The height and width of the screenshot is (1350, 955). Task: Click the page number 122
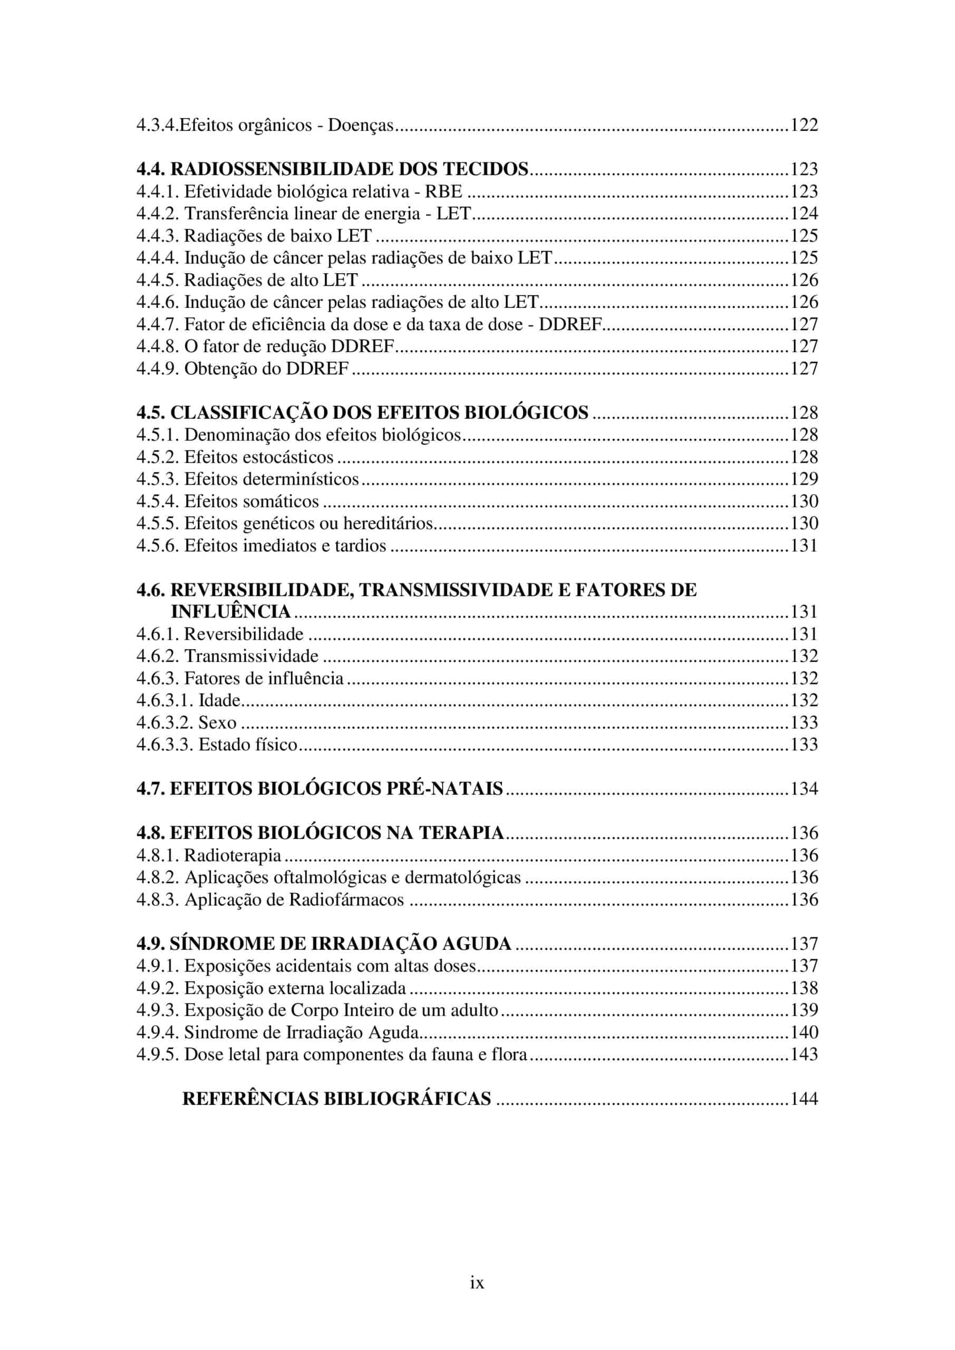tap(804, 125)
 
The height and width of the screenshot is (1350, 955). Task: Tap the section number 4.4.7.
tap(158, 324)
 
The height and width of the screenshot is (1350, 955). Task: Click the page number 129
tap(804, 479)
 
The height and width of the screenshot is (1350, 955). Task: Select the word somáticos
tap(281, 502)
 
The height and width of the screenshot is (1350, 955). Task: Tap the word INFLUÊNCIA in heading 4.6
tap(230, 612)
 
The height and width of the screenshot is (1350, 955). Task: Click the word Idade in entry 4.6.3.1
tap(219, 700)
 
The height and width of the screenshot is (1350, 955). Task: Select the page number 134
tap(804, 789)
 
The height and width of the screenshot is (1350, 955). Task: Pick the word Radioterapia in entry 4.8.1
tap(233, 855)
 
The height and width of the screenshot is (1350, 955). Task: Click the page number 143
tap(804, 1055)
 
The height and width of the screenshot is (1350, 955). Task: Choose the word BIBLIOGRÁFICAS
tap(408, 1100)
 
